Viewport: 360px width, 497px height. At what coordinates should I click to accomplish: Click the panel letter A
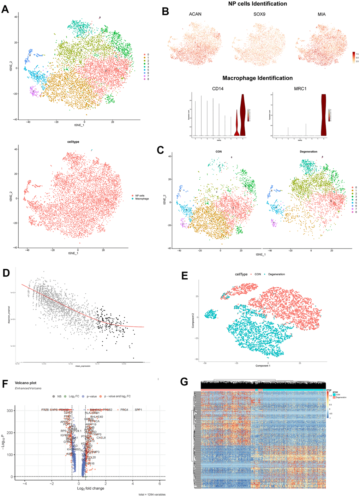(5, 9)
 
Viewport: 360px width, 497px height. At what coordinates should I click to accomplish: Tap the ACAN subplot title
(195, 14)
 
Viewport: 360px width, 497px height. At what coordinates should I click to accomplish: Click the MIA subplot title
(322, 14)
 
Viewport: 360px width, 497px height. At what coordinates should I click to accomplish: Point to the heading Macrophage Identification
(257, 78)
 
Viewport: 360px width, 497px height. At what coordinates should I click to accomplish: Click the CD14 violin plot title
(218, 89)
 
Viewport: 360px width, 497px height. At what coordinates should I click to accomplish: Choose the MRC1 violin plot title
(300, 89)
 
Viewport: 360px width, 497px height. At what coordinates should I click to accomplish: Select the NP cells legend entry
(140, 196)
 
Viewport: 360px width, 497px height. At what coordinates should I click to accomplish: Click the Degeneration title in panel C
(309, 152)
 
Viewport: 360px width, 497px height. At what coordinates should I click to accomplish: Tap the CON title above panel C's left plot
(219, 152)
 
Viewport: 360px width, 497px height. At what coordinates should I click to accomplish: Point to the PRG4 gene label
(124, 410)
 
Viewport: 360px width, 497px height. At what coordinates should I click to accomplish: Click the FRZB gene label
(45, 410)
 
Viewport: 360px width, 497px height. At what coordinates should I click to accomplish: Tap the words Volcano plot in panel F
(25, 383)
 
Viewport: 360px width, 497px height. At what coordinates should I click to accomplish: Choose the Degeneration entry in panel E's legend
(276, 274)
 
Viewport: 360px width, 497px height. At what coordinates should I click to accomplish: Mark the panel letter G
(184, 382)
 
